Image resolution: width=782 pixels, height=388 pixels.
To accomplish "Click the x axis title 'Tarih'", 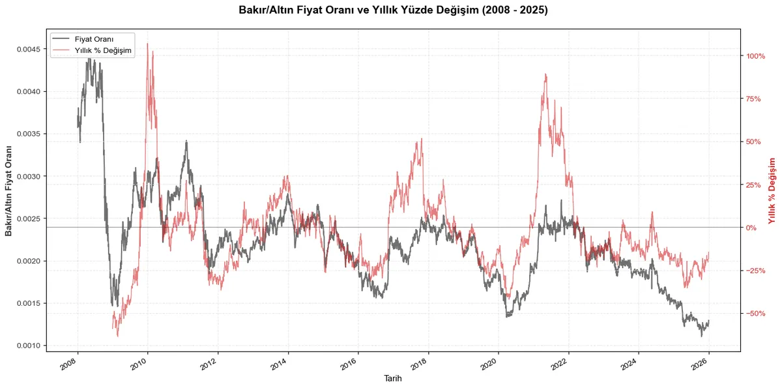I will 393,378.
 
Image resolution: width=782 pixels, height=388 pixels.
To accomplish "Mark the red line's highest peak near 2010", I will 147,44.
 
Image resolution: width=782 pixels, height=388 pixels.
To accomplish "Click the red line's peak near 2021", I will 545,74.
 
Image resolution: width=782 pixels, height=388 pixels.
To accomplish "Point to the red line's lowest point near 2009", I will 118,336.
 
